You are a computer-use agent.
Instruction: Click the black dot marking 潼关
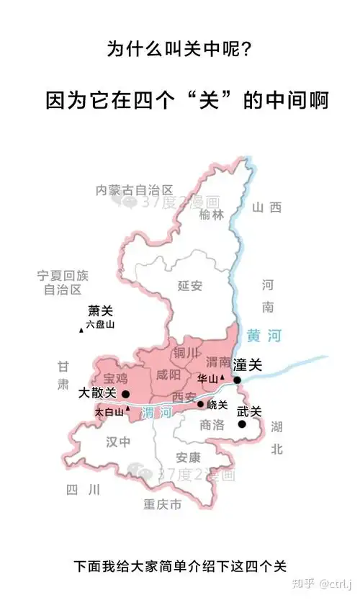pyautogui.click(x=237, y=380)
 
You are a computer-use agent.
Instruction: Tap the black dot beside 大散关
pyautogui.click(x=126, y=394)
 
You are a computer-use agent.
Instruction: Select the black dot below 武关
pyautogui.click(x=242, y=424)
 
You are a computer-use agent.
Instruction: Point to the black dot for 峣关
pyautogui.click(x=201, y=404)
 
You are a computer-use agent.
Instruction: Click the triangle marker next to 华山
pyautogui.click(x=222, y=377)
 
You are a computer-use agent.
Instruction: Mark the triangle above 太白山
pyautogui.click(x=128, y=408)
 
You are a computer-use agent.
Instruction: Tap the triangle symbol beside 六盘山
pyautogui.click(x=81, y=330)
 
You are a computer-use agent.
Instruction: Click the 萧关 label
pyautogui.click(x=100, y=311)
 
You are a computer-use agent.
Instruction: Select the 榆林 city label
pyautogui.click(x=212, y=214)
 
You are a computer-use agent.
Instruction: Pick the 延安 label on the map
pyautogui.click(x=190, y=285)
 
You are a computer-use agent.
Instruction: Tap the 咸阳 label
pyautogui.click(x=168, y=375)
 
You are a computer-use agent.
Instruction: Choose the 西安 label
pyautogui.click(x=184, y=396)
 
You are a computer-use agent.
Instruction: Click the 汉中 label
pyautogui.click(x=119, y=441)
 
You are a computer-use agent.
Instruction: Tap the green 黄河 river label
pyautogui.click(x=264, y=336)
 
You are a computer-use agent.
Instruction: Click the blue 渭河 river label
pyautogui.click(x=156, y=413)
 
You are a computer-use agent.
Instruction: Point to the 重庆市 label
pyautogui.click(x=162, y=504)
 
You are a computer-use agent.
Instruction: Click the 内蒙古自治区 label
pyautogui.click(x=135, y=190)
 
